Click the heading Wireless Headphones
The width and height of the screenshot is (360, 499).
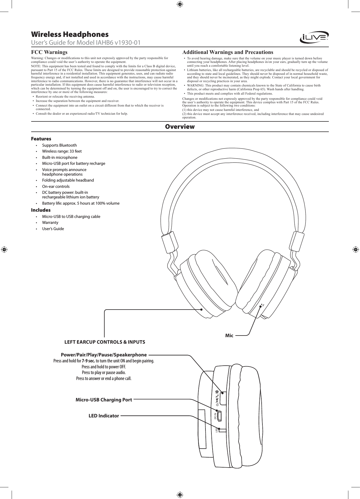[x=70, y=34]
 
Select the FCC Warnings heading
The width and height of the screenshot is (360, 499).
[x=49, y=52]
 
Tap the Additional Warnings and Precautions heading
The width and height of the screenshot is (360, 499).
[x=228, y=52]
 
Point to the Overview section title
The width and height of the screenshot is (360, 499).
[x=180, y=127]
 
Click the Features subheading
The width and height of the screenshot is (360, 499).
[x=41, y=139]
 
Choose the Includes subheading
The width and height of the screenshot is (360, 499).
[x=41, y=210]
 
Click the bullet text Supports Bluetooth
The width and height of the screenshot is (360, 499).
[x=59, y=145]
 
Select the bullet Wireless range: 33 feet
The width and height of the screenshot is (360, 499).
[x=62, y=151]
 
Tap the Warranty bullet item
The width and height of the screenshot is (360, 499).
[x=50, y=223]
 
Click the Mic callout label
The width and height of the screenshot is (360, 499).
[x=229, y=336]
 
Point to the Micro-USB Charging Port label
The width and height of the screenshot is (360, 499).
[x=104, y=400]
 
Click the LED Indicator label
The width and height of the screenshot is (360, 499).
[x=104, y=416]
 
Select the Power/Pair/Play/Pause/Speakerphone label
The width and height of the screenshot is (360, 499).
[x=104, y=355]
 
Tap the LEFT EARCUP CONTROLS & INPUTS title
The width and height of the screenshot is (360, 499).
[x=104, y=342]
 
